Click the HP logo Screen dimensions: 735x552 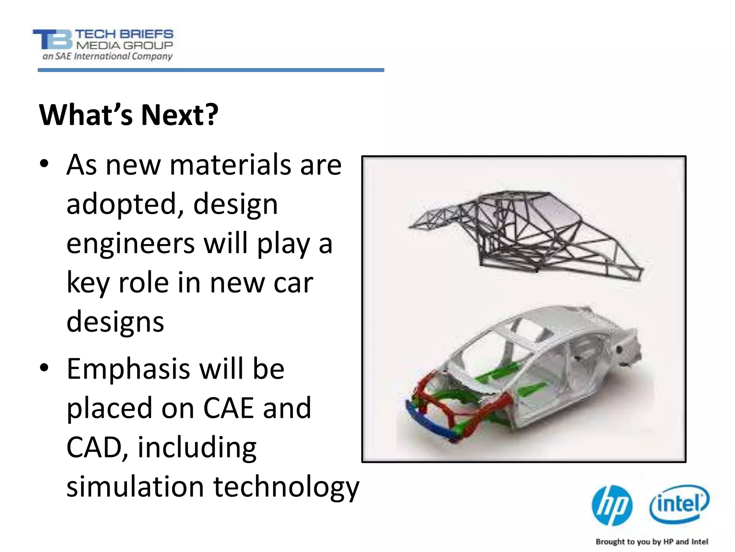pos(612,506)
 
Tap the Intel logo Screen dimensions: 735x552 pos(679,504)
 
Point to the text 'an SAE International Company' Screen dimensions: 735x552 pos(108,56)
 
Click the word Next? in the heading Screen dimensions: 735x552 pos(180,115)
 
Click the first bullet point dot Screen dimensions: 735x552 pos(44,164)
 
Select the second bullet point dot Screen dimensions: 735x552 pos(44,368)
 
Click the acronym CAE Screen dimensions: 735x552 pos(229,408)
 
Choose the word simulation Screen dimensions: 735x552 pos(136,487)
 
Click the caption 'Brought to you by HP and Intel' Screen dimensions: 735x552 pos(652,542)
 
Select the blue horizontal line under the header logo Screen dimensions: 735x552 pos(211,70)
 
